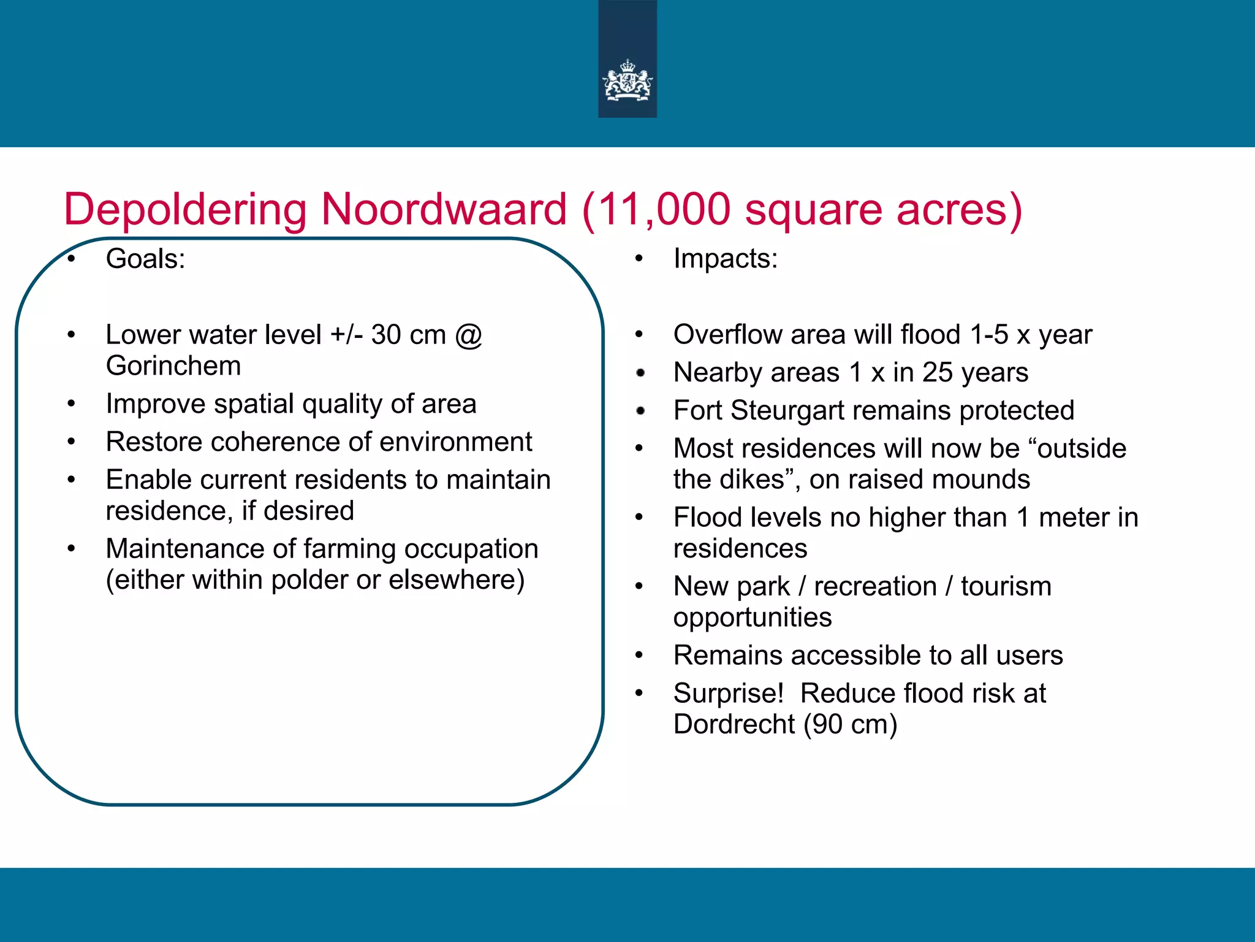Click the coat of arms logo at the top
pyautogui.click(x=627, y=80)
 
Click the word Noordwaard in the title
pyautogui.click(x=444, y=210)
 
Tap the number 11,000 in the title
pyautogui.click(x=664, y=210)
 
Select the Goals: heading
pyautogui.click(x=145, y=259)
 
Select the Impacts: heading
pyautogui.click(x=725, y=259)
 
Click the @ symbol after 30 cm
pyautogui.click(x=468, y=335)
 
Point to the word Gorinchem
pyautogui.click(x=173, y=366)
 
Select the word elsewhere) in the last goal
pyautogui.click(x=457, y=580)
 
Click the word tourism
pyautogui.click(x=1006, y=587)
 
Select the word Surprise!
pyautogui.click(x=729, y=694)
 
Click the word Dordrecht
pyautogui.click(x=734, y=725)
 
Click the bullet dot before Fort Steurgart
pyautogui.click(x=640, y=411)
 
